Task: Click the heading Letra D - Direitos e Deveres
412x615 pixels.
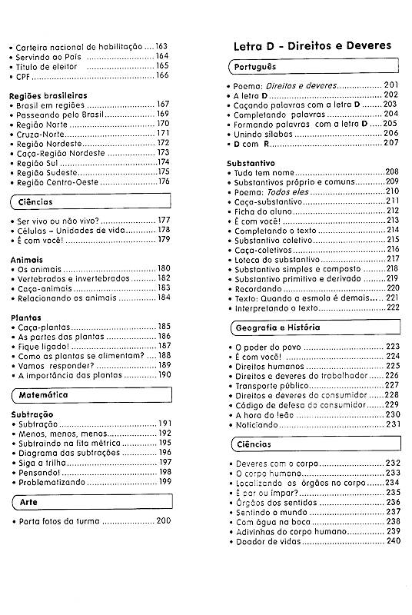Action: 312,45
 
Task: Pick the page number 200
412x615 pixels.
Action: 163,522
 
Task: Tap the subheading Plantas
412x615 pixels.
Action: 25,317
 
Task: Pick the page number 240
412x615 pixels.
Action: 394,541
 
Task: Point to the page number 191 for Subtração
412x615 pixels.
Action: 165,424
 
